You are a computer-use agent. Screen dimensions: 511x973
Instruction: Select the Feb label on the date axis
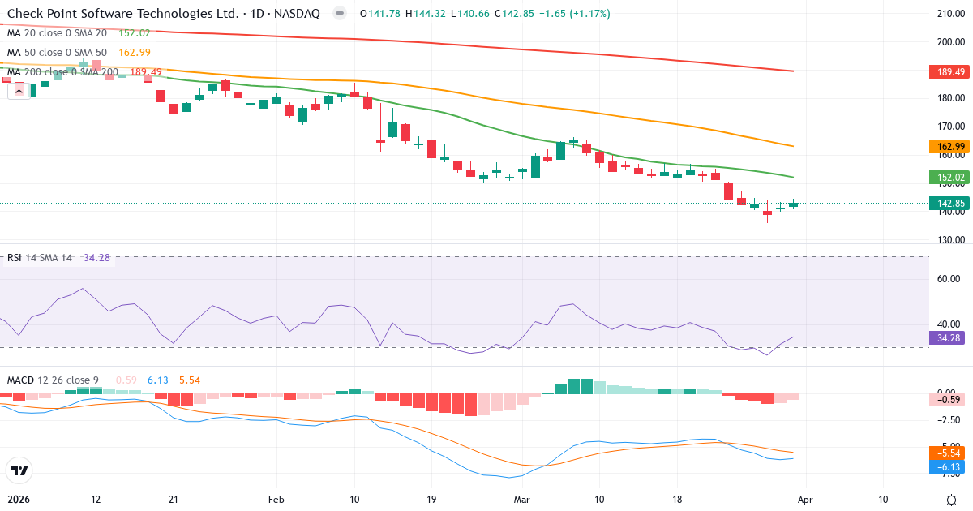point(276,499)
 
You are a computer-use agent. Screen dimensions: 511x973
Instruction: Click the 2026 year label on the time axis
point(18,499)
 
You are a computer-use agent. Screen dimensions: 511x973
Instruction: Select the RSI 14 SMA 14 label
point(39,258)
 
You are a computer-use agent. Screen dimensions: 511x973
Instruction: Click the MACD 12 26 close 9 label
point(53,380)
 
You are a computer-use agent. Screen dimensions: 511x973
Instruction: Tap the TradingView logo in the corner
point(19,470)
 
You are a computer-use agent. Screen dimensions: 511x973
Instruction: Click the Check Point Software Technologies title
point(122,14)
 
